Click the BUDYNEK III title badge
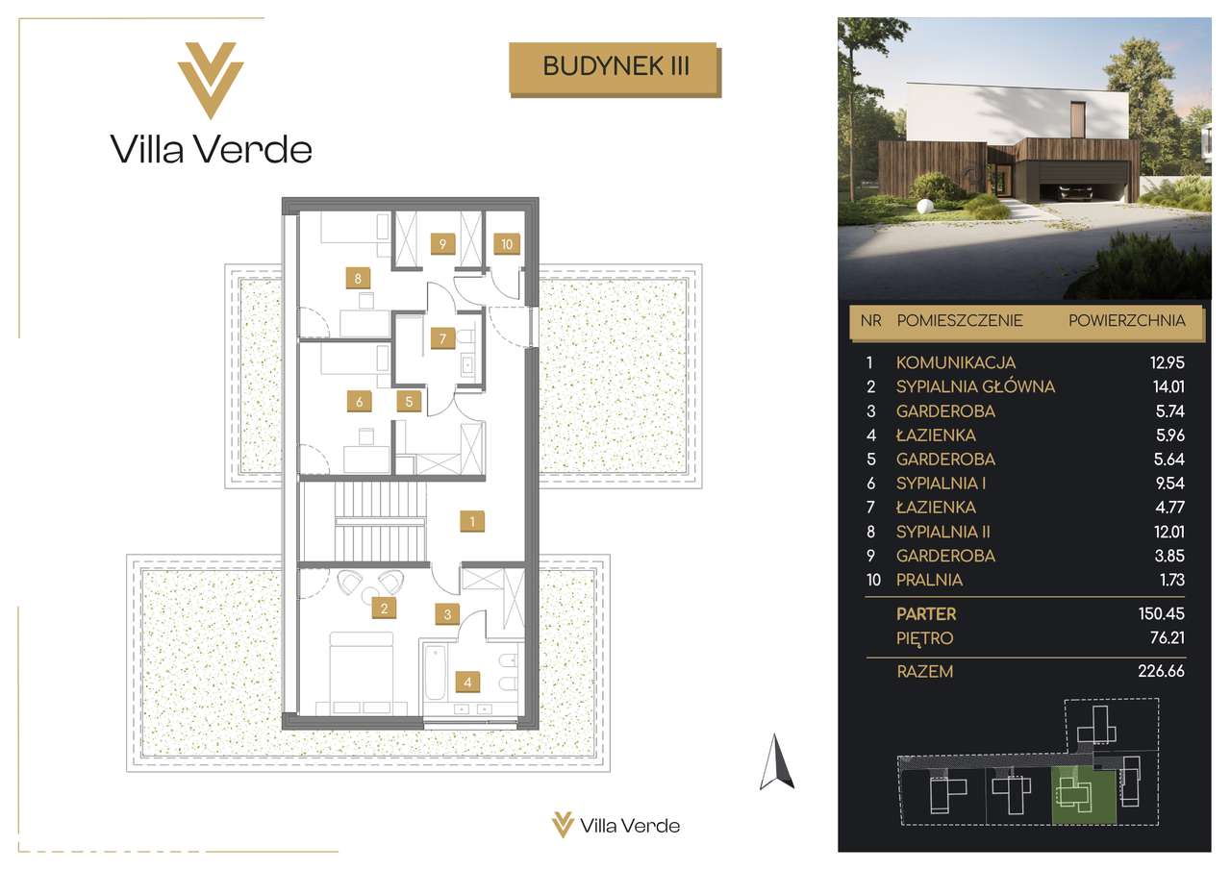(x=615, y=69)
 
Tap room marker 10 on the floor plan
(x=506, y=244)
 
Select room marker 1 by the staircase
(x=472, y=521)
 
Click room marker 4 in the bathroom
(x=467, y=683)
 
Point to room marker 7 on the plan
(x=442, y=338)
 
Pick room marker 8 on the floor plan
(x=358, y=279)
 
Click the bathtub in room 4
(x=436, y=672)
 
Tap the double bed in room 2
(x=362, y=673)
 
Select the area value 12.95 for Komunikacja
(x=1168, y=362)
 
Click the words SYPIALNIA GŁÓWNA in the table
(x=975, y=386)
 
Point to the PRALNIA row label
(x=929, y=580)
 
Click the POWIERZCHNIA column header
(x=1126, y=320)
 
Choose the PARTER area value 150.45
(x=1161, y=613)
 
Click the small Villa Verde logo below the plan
(x=615, y=826)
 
